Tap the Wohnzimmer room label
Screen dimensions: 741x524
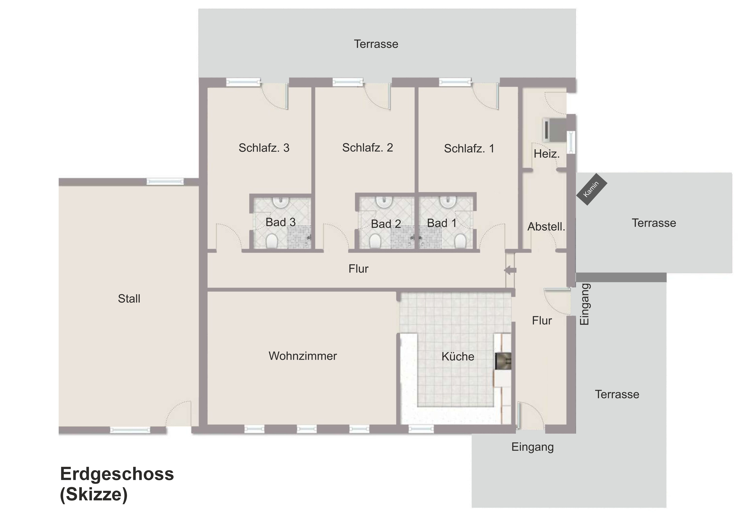coord(303,356)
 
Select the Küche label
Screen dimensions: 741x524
coord(458,357)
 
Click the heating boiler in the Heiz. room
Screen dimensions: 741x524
coord(554,130)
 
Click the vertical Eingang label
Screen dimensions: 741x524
coord(585,305)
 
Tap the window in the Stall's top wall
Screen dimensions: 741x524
coord(165,182)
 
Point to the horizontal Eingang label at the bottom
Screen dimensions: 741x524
coord(533,447)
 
